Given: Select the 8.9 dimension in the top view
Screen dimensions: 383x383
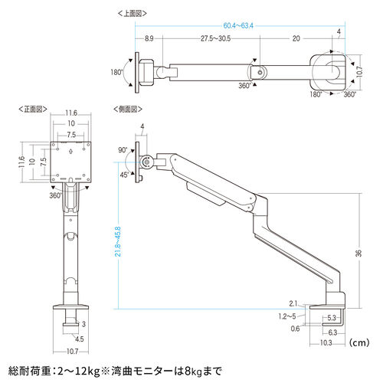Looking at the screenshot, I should pyautogui.click(x=149, y=38).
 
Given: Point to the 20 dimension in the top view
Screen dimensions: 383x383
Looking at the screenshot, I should pyautogui.click(x=294, y=38).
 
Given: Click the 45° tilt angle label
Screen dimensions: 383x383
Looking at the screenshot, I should pyautogui.click(x=124, y=174).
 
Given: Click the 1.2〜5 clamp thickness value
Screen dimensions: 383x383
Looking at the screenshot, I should pyautogui.click(x=288, y=316).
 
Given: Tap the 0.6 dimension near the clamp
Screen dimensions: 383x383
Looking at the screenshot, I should pyautogui.click(x=294, y=329).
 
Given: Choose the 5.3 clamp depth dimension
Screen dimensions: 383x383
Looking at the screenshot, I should pyautogui.click(x=332, y=317).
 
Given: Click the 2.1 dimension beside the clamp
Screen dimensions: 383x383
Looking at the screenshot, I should pyautogui.click(x=295, y=303).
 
